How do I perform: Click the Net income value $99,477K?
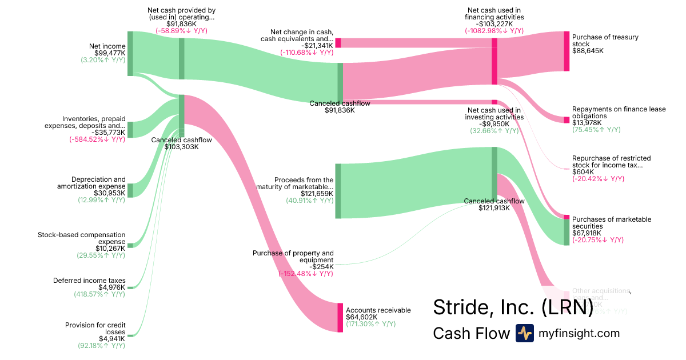click(111, 53)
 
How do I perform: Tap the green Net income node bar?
click(130, 54)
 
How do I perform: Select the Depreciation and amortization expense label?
click(91, 183)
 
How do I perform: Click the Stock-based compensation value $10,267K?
click(111, 249)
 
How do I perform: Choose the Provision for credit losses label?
click(95, 329)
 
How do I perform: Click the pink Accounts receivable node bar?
click(340, 318)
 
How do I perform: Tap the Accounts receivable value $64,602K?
click(362, 317)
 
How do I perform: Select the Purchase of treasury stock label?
click(605, 41)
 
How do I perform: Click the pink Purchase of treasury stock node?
click(567, 51)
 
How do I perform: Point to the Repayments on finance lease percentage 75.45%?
click(596, 130)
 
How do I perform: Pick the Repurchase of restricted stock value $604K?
click(583, 172)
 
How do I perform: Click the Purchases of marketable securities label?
click(611, 223)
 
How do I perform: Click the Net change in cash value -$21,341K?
click(317, 46)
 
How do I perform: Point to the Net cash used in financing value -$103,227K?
click(494, 24)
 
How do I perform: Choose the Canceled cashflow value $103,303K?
click(181, 147)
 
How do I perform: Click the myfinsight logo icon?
click(524, 333)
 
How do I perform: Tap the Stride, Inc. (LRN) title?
click(513, 307)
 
